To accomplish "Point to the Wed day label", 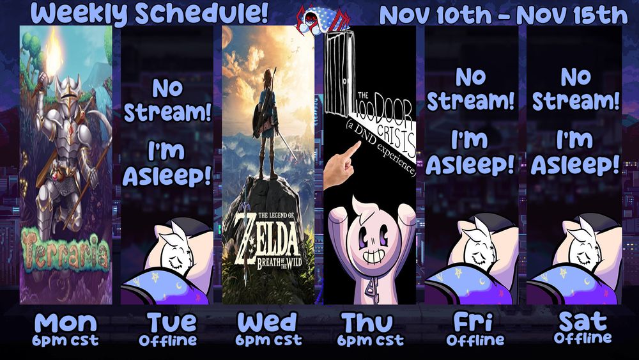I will tap(268, 322).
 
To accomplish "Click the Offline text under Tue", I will tap(167, 340).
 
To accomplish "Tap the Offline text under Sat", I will tap(582, 337).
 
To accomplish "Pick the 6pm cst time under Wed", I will tap(268, 340).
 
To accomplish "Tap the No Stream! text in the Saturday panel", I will tap(576, 90).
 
